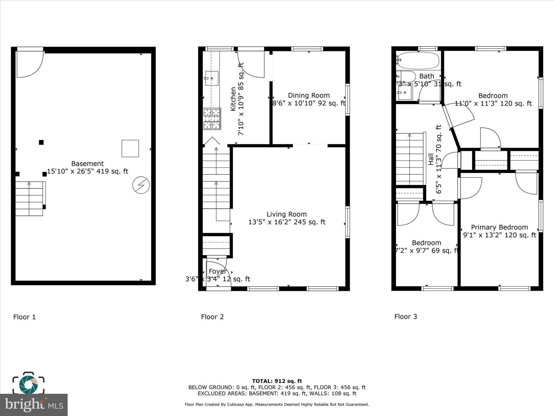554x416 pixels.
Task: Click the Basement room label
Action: [87, 164]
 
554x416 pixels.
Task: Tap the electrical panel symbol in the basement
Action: [141, 185]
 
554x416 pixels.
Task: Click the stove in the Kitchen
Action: [212, 119]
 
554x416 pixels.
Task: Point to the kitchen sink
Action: [212, 78]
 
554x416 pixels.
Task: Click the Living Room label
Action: [286, 214]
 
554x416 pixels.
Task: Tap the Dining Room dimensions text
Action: [309, 103]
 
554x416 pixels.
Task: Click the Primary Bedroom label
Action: [499, 227]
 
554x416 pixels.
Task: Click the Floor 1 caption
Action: [24, 317]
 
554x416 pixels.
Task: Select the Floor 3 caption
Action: [405, 316]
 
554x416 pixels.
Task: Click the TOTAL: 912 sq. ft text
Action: [277, 381]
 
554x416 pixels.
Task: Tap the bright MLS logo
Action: [34, 405]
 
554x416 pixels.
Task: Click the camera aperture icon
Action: [28, 384]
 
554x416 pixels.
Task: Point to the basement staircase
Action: [29, 199]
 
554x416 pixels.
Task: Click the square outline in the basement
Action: [130, 148]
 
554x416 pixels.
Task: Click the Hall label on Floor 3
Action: [431, 159]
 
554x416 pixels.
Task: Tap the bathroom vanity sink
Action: [405, 92]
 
